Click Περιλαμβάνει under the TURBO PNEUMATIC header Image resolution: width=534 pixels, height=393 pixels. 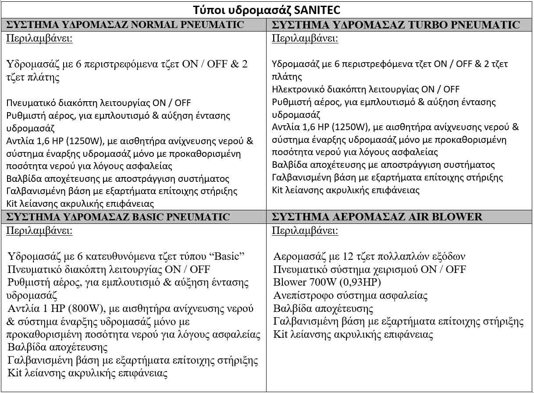point(305,38)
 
